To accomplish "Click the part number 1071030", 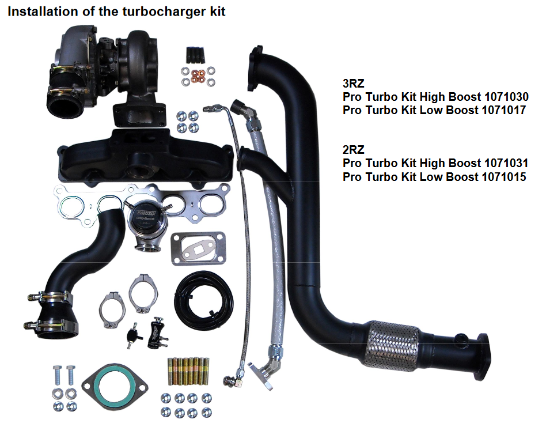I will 505,96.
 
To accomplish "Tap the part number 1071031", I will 505,163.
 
